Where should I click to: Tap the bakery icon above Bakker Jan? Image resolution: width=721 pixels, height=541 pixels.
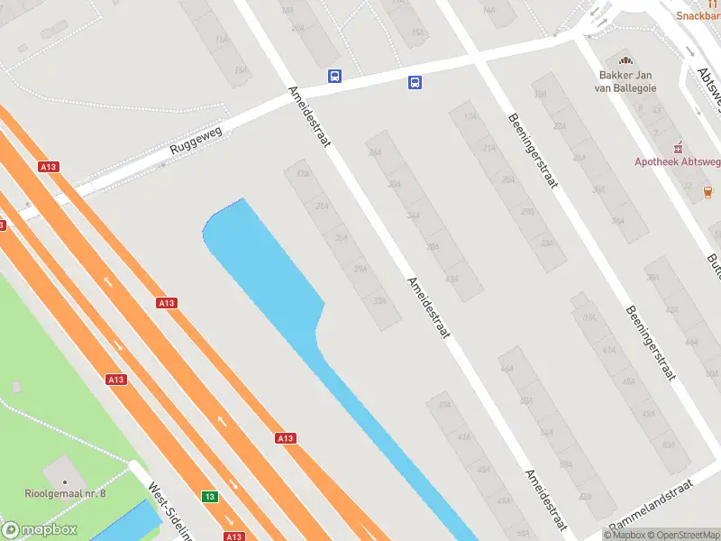(x=626, y=60)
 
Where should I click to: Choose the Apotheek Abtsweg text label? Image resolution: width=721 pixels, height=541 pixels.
(x=677, y=161)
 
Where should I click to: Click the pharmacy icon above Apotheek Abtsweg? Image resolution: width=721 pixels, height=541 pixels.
(x=678, y=146)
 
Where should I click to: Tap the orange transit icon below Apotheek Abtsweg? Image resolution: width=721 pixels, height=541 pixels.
(x=707, y=190)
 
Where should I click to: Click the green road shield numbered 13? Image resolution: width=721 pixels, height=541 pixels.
(x=210, y=497)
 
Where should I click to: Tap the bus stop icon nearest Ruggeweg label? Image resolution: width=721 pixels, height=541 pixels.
(x=334, y=77)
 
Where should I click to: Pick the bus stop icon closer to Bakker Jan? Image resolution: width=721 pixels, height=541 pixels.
(x=415, y=83)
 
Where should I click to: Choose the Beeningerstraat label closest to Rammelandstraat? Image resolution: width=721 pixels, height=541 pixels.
(x=650, y=344)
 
